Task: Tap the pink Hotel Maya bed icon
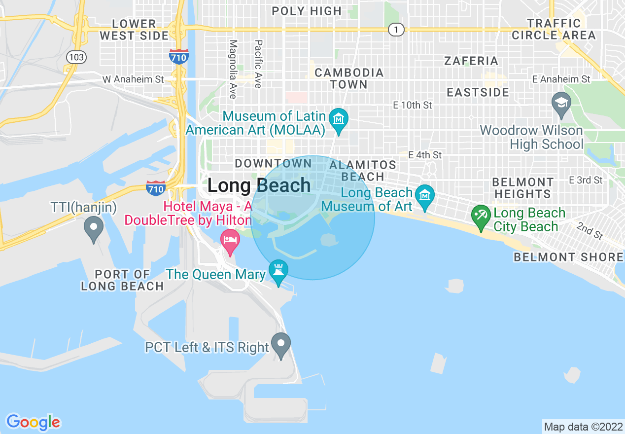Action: coord(230,240)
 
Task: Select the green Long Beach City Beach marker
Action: coord(480,216)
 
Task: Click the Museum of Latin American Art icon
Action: coord(339,119)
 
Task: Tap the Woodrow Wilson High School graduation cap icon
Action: coord(561,103)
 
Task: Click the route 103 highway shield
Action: coord(76,57)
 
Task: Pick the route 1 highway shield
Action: coord(396,30)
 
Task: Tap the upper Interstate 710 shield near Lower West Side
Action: coord(178,56)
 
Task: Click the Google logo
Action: coord(33,422)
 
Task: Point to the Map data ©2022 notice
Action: coord(582,426)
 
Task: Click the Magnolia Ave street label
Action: coord(233,69)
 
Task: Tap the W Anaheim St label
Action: coord(133,79)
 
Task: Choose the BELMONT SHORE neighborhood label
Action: coord(568,257)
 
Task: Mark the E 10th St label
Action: coord(412,105)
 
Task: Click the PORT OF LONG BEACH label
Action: coord(122,280)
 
